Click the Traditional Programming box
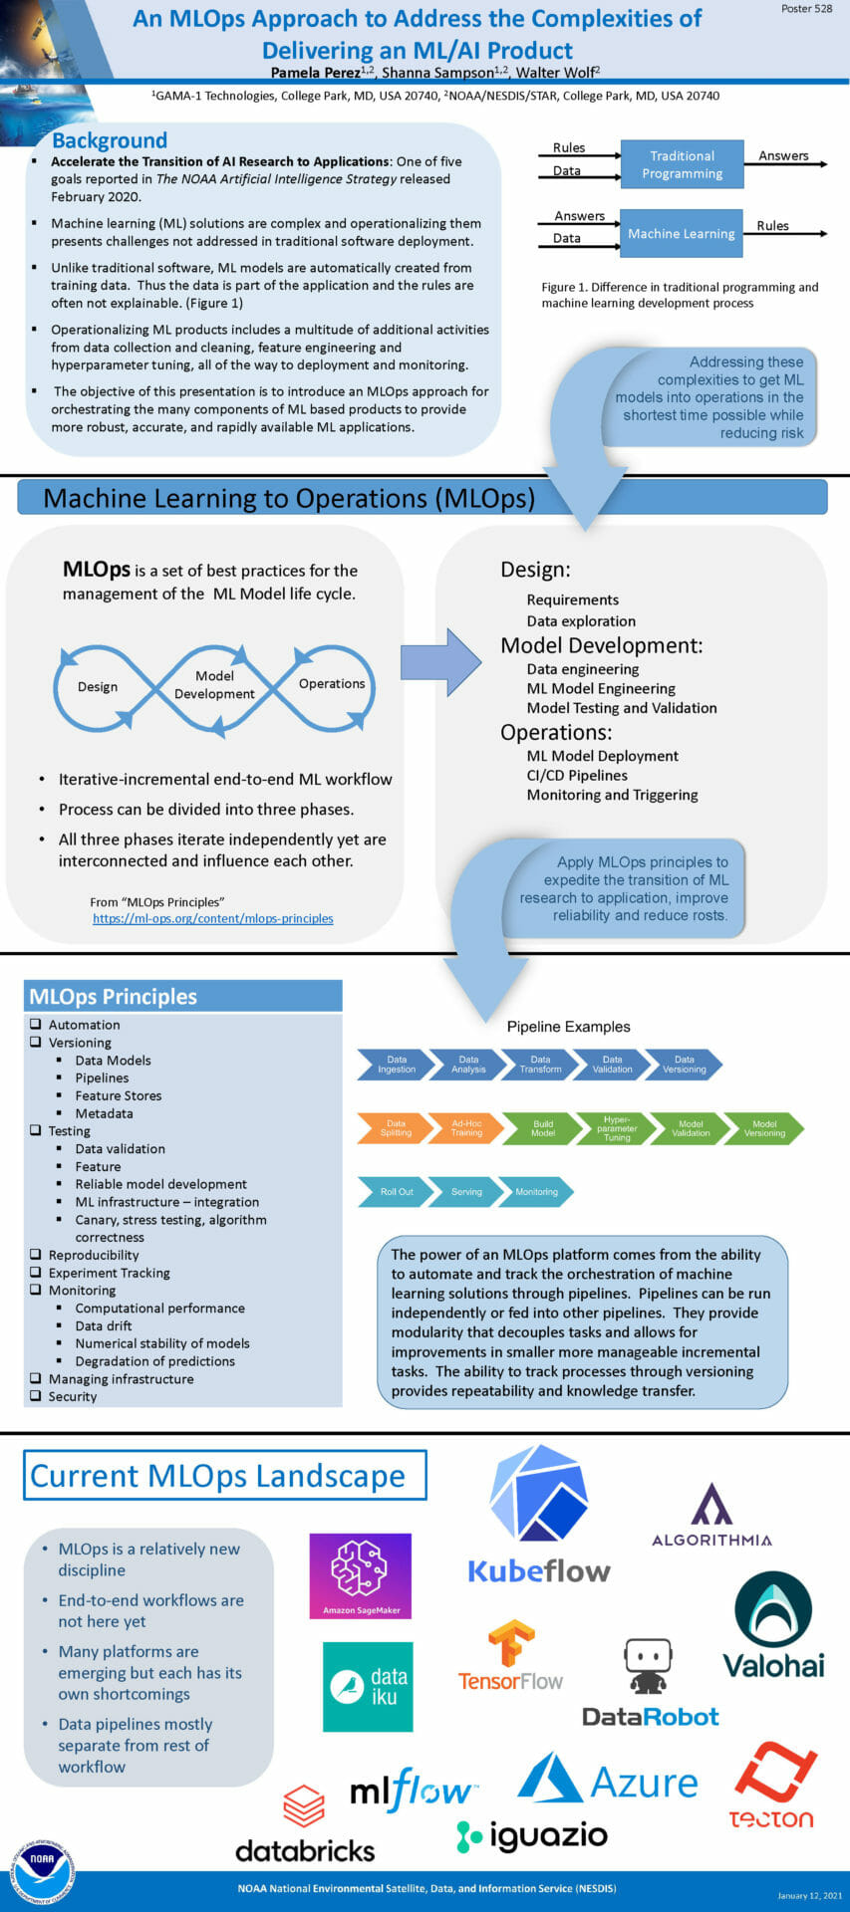(x=682, y=164)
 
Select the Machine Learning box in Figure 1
(x=682, y=234)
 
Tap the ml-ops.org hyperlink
(x=213, y=918)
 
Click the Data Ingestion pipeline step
(x=395, y=1065)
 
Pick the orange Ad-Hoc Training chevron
(x=466, y=1128)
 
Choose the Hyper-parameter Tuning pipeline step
(x=616, y=1128)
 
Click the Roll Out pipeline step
(x=395, y=1192)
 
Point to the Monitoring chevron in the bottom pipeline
(x=536, y=1192)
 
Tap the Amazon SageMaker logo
(x=361, y=1575)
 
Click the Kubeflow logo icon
(x=539, y=1494)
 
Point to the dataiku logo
(x=368, y=1687)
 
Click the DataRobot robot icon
(x=648, y=1666)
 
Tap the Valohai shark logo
(x=773, y=1609)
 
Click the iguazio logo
(x=532, y=1835)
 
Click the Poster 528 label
(x=806, y=9)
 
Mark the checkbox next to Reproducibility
(x=36, y=1255)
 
